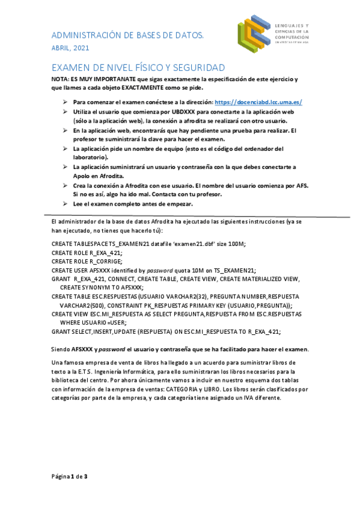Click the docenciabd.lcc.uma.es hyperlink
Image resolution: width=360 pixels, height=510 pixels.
tap(258, 102)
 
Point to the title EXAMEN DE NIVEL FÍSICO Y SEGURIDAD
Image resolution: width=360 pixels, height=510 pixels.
tap(138, 67)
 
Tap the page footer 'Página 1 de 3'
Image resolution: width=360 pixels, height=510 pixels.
tap(70, 476)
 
